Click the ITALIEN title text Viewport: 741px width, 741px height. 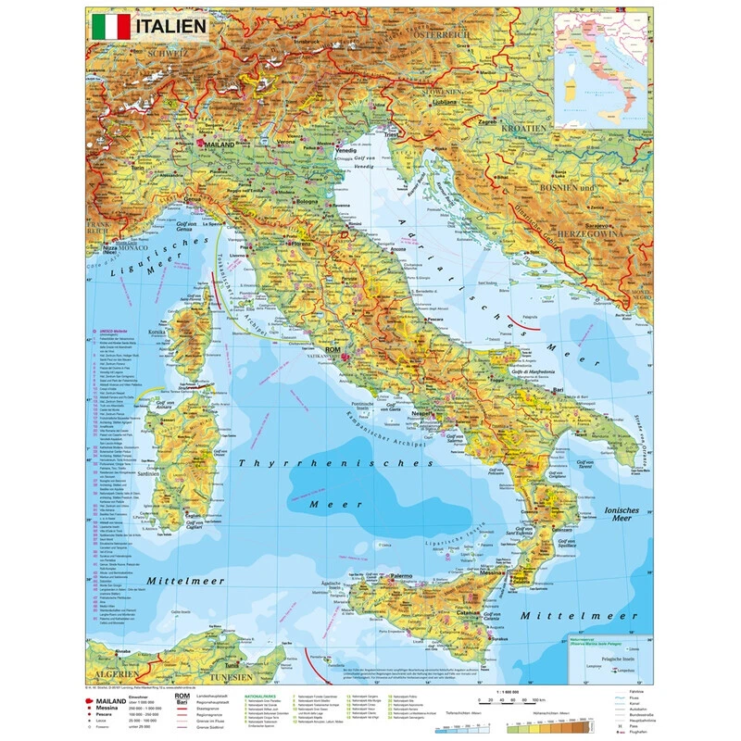(x=171, y=25)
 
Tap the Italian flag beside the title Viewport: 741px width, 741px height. (x=110, y=25)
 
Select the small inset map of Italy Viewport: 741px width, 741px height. (x=598, y=69)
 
